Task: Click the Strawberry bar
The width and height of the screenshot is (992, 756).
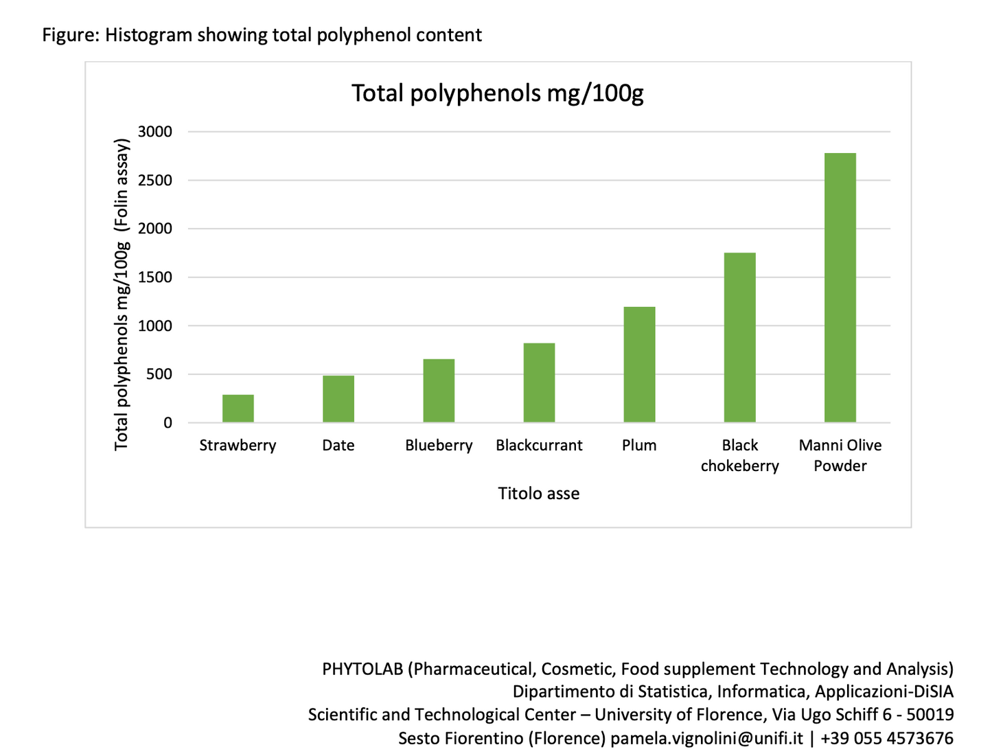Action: (x=238, y=409)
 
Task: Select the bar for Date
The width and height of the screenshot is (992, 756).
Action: (x=338, y=399)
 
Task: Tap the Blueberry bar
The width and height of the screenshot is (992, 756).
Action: (x=439, y=391)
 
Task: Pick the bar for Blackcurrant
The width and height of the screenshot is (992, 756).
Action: (x=539, y=382)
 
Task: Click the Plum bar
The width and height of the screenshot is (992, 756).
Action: (x=639, y=365)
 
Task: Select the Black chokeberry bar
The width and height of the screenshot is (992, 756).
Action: (x=739, y=338)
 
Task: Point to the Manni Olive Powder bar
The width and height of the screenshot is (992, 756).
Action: (x=840, y=288)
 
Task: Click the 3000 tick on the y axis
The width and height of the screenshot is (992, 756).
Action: (x=155, y=132)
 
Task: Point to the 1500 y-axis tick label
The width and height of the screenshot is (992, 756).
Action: (x=155, y=277)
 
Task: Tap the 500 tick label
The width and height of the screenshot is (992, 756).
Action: (x=159, y=375)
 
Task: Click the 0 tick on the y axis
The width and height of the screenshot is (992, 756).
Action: (x=168, y=423)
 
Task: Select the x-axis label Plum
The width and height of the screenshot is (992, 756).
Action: (x=639, y=446)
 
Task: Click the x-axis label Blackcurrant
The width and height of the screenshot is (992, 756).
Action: (x=539, y=446)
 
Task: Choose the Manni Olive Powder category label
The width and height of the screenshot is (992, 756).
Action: (x=840, y=455)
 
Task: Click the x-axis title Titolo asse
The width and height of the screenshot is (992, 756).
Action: (x=539, y=494)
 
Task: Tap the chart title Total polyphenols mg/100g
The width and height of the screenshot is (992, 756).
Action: (x=498, y=93)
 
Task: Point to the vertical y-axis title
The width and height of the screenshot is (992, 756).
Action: (x=122, y=295)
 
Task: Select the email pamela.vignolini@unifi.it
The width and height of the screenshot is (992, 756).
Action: (x=706, y=738)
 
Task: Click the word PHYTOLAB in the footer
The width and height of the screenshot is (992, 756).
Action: (x=362, y=669)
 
